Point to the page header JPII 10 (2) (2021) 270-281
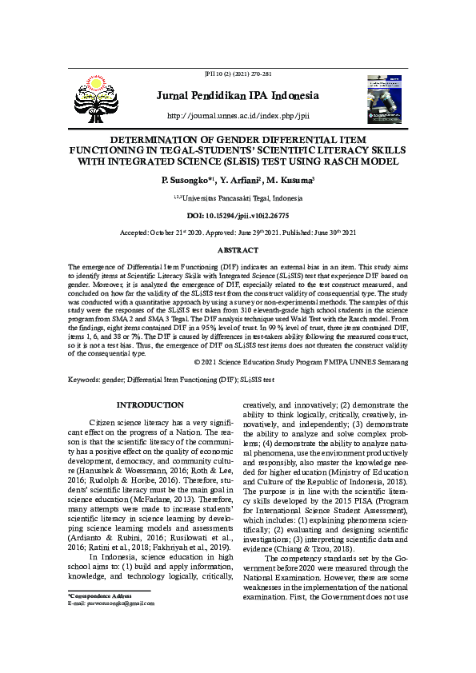click(238, 74)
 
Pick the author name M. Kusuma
click(292, 181)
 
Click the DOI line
click(238, 217)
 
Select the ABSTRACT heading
click(238, 250)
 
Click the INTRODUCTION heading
click(151, 405)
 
